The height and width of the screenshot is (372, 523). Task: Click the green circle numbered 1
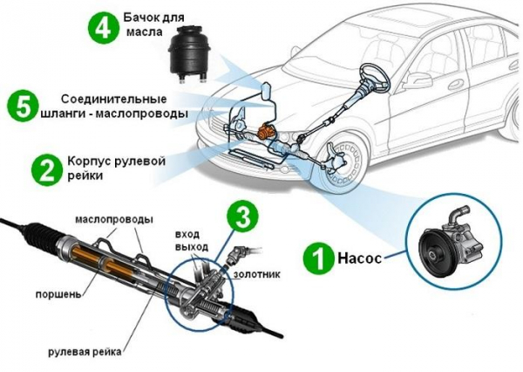pos(318,259)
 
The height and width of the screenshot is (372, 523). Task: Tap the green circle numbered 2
pos(46,169)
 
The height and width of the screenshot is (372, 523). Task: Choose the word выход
pos(191,248)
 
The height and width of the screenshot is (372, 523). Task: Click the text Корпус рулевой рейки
pos(110,169)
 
